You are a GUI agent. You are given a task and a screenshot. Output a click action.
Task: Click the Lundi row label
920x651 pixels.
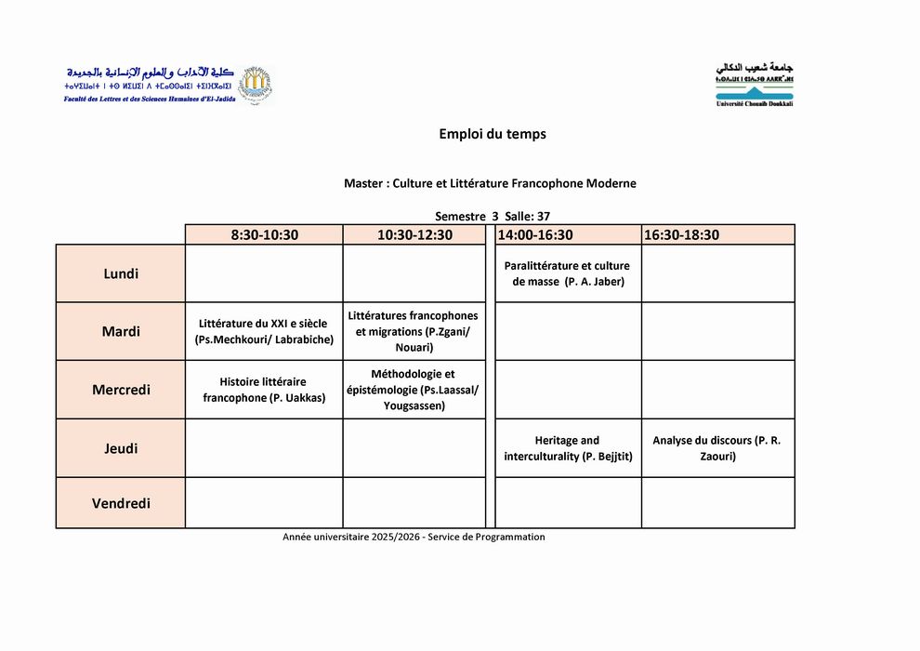click(121, 273)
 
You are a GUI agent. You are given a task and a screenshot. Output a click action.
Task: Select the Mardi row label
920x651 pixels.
click(121, 331)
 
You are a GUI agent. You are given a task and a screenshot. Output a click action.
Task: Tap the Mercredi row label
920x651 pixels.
click(121, 390)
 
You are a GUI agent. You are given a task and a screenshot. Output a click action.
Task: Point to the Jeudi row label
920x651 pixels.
click(121, 448)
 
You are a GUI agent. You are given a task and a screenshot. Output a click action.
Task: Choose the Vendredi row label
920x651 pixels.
click(121, 503)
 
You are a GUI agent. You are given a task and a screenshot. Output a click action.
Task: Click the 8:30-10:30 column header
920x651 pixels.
click(264, 234)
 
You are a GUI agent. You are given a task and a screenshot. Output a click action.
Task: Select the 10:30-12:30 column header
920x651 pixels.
click(414, 234)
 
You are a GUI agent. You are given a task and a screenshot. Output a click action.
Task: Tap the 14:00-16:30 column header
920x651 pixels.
click(534, 234)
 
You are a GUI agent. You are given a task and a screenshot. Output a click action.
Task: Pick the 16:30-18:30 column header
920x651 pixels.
click(681, 234)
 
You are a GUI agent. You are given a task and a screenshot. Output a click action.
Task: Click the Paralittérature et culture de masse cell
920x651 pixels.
click(567, 273)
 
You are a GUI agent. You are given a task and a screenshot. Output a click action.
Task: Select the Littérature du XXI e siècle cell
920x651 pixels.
click(264, 331)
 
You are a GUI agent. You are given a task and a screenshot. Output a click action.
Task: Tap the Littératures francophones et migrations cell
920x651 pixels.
click(414, 331)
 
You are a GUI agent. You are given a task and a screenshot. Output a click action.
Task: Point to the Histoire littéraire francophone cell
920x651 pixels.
click(264, 390)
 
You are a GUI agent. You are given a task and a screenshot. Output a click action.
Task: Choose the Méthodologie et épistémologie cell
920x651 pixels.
click(414, 390)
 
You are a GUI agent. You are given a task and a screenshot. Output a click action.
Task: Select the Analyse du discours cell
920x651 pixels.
click(716, 448)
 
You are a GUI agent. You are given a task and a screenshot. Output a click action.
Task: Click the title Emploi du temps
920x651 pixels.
click(493, 134)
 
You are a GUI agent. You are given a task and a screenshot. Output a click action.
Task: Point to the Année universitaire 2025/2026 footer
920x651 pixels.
click(414, 537)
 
